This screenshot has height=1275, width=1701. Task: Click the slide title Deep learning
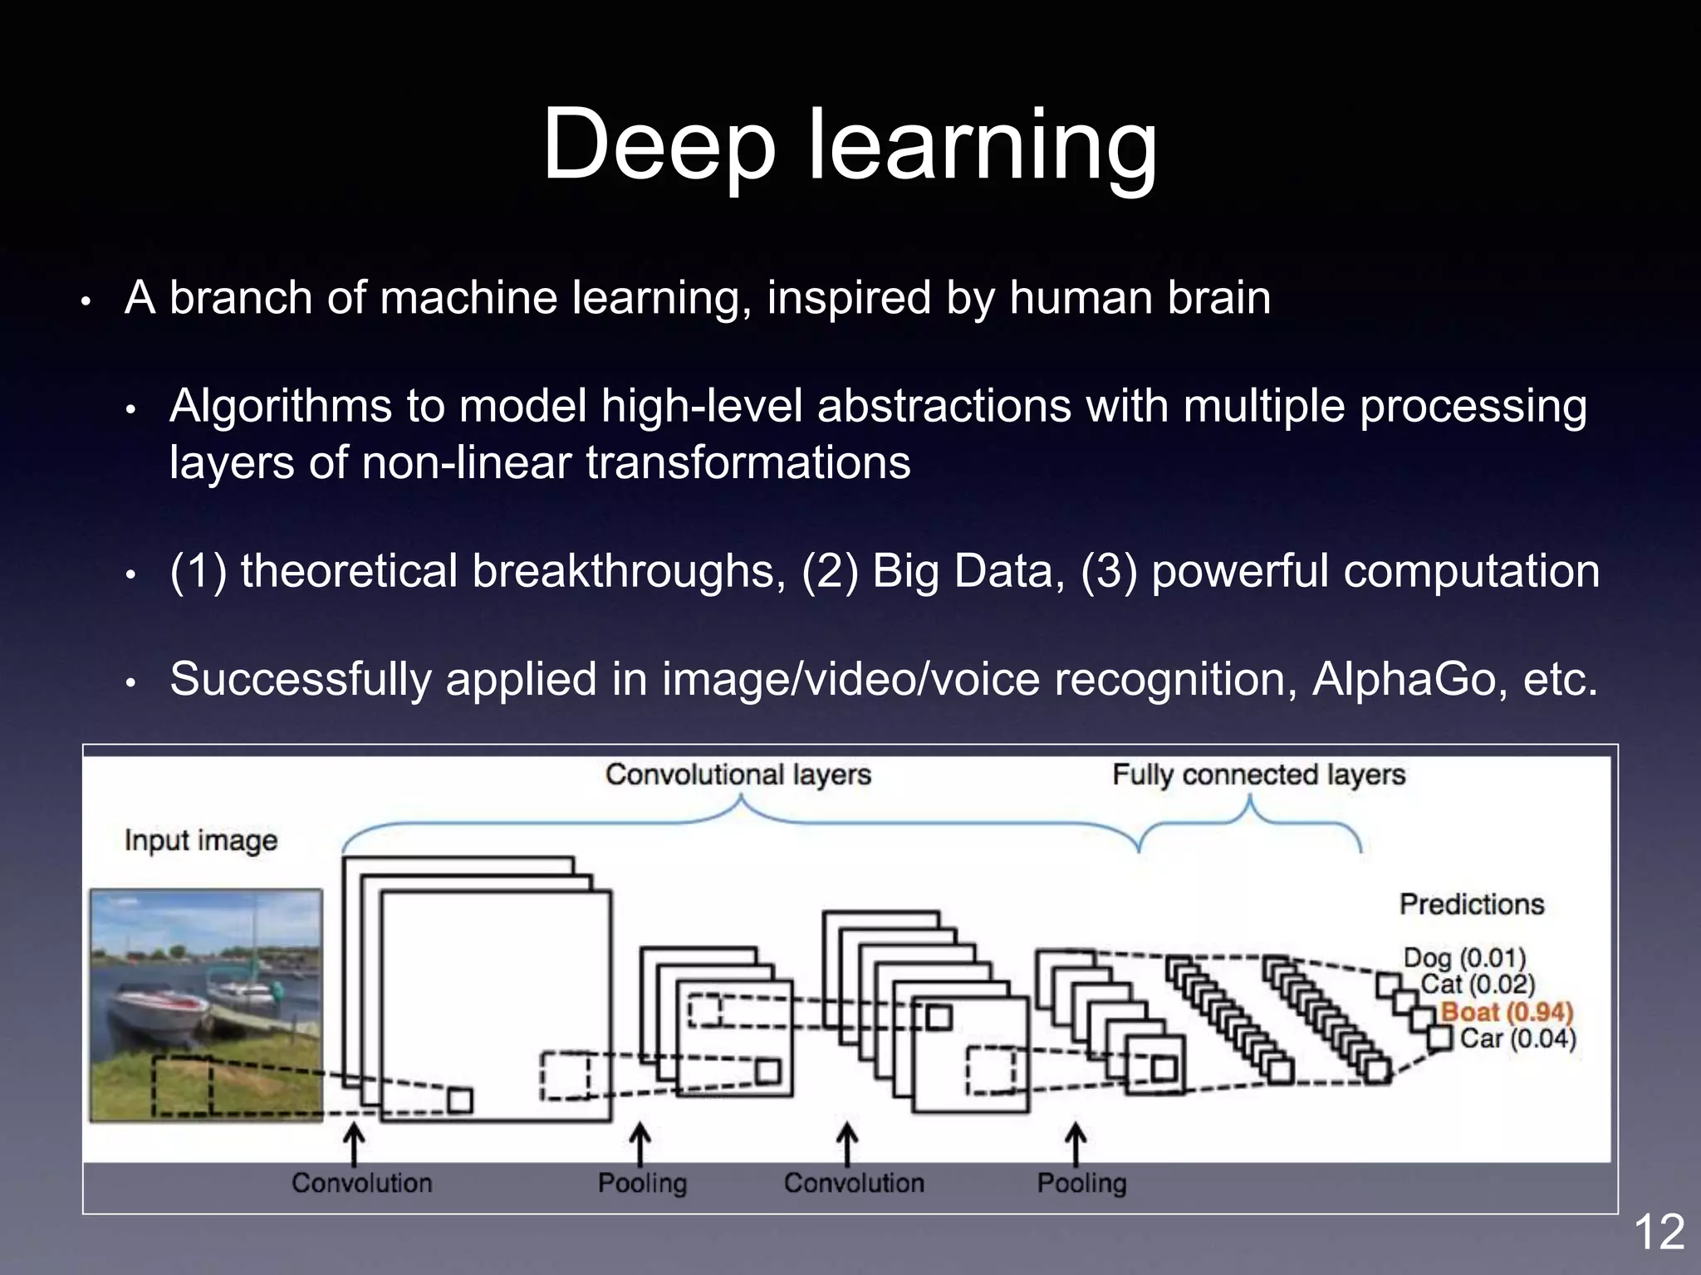coord(849,145)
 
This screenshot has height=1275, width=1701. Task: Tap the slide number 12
coord(1659,1232)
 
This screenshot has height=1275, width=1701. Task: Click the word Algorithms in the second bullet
coord(280,407)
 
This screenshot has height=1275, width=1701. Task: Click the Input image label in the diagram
coord(201,840)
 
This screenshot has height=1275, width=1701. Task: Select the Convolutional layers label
coord(738,774)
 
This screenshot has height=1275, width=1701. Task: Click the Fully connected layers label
coord(1258,774)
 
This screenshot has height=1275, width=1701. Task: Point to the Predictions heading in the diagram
coord(1471,904)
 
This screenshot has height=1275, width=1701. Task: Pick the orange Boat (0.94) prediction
coord(1507,1012)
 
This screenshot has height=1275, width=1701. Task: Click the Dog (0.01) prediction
coord(1464,958)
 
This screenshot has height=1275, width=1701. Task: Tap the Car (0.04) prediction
coord(1517,1038)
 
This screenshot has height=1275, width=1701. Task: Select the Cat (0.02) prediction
coord(1477,984)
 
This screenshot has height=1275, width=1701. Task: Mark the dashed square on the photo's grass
coord(181,1085)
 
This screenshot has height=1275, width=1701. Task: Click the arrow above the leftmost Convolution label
coord(354,1144)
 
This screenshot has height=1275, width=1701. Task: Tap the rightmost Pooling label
coord(1081,1183)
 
